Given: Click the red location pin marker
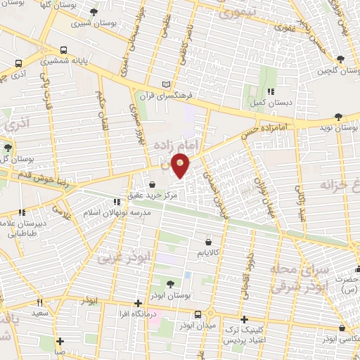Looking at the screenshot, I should click(181, 165).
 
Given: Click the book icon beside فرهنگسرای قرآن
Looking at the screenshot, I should click(166, 83).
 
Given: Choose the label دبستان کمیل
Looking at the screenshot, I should click(270, 101).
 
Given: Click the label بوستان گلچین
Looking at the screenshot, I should click(334, 70).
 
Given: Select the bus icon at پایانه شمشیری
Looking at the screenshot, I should click(64, 51).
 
